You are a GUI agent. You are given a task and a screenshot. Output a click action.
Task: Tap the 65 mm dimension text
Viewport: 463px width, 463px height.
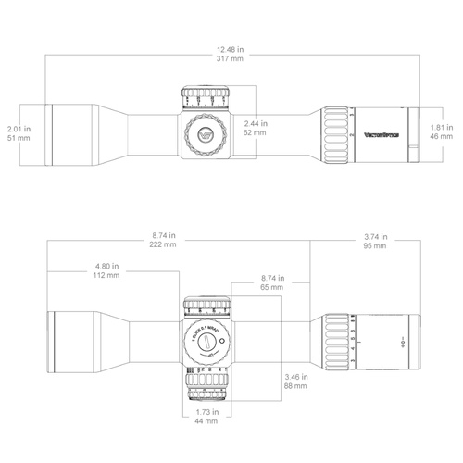(x=271, y=289)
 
